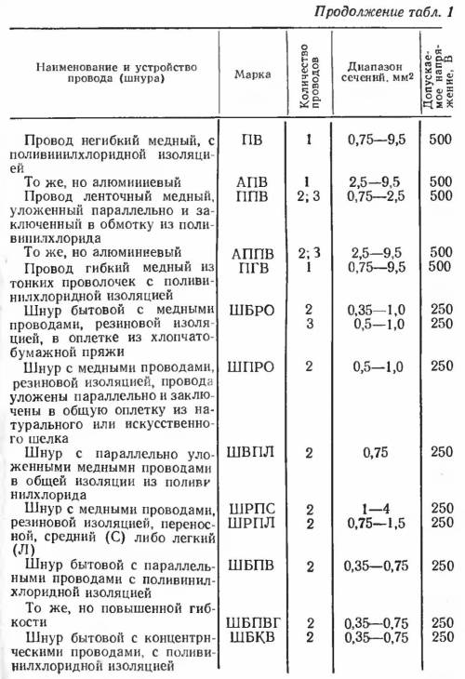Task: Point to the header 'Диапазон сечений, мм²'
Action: [374, 73]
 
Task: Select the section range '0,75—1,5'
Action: [374, 523]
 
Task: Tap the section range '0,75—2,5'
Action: [374, 195]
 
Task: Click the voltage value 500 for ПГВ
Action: [441, 266]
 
